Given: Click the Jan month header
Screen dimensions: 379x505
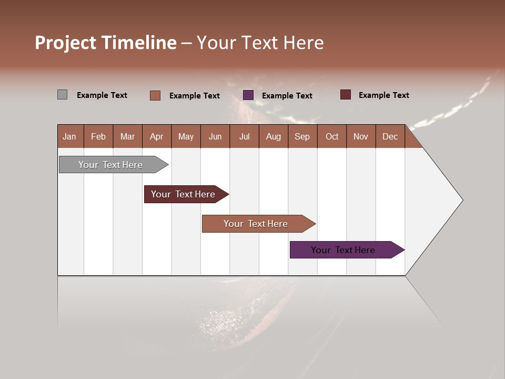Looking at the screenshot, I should tap(69, 136).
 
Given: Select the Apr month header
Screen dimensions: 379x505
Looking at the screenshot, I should tap(156, 136).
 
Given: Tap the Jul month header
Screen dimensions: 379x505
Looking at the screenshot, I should tap(244, 136).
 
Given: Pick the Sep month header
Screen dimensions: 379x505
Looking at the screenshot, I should tap(302, 136).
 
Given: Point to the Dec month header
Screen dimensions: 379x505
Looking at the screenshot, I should tap(390, 136).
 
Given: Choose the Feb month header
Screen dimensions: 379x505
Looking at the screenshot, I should tap(98, 136).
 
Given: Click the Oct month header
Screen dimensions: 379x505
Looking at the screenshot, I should tap(332, 136).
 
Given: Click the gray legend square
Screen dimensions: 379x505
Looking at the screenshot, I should tap(62, 95).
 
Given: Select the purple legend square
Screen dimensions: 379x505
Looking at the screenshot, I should tap(248, 95).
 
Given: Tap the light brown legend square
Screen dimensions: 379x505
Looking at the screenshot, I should tap(155, 95).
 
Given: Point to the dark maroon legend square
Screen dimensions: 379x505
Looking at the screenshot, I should tap(345, 95).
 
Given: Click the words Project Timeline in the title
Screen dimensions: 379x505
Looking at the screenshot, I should tap(106, 43).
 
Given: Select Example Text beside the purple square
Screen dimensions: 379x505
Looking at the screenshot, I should tap(287, 96).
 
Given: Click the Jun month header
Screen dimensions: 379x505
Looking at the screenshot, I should tap(215, 136).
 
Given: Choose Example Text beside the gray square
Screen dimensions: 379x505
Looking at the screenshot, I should tap(102, 95).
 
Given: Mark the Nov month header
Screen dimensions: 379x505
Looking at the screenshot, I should tap(361, 136).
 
